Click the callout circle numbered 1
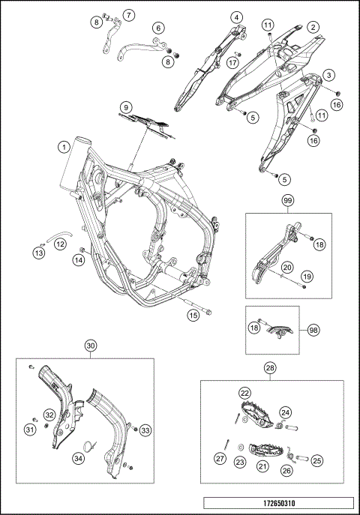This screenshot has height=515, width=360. [64, 147]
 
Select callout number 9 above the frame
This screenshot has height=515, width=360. [126, 107]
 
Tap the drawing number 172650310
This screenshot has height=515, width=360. [279, 503]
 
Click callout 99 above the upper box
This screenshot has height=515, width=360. [287, 200]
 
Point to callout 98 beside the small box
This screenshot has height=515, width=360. [313, 330]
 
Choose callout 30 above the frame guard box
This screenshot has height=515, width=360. [91, 346]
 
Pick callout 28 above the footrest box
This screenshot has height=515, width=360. [270, 368]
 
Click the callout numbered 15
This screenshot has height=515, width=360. [193, 316]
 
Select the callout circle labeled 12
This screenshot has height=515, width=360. [60, 244]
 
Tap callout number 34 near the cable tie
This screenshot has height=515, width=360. [78, 458]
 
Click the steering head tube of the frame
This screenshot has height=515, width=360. [75, 162]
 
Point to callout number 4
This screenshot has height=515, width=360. [236, 17]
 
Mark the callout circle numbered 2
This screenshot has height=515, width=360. [313, 27]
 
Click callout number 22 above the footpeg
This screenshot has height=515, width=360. [245, 393]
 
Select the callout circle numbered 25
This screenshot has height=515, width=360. [316, 461]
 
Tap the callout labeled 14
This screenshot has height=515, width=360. [79, 260]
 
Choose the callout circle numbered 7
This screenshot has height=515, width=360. [128, 15]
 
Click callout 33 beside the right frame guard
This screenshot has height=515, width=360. [145, 430]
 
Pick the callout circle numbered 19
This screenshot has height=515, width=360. [307, 277]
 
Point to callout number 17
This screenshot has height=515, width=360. [232, 62]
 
